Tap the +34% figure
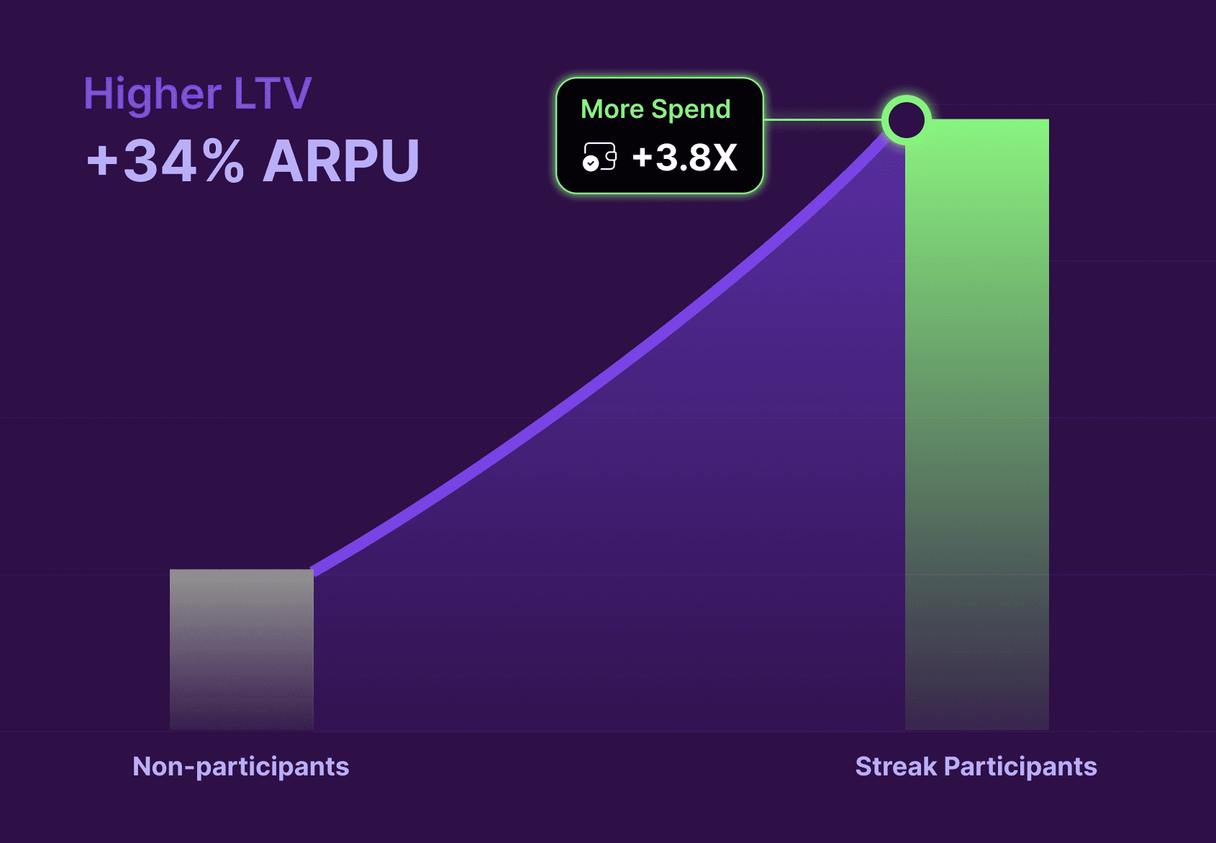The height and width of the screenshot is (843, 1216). (165, 160)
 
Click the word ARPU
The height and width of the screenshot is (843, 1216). (341, 160)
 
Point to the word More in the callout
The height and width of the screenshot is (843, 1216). (612, 109)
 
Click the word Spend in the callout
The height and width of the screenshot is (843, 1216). (691, 109)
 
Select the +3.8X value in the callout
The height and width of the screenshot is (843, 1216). (684, 158)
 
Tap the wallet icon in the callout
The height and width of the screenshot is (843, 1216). (599, 157)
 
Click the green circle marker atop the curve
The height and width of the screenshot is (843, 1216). (906, 120)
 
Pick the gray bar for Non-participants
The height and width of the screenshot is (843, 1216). (241, 647)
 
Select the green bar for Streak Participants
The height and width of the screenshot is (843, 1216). (976, 424)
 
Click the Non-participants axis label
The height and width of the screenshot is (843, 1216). (241, 767)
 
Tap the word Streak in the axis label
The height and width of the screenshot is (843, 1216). (896, 767)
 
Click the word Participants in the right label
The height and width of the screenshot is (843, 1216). (1020, 767)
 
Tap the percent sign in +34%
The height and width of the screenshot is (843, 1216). (222, 160)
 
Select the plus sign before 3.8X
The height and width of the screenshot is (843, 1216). (642, 158)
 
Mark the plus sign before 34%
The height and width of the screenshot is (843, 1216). (101, 160)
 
